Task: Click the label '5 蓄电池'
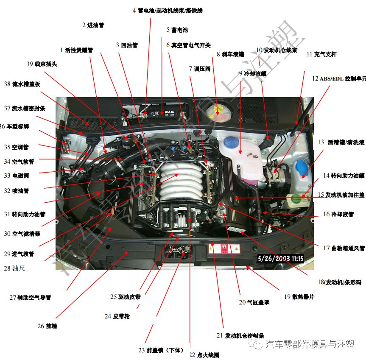pos(177,30)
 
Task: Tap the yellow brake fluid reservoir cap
pos(218,109)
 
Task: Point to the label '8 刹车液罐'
pos(230,54)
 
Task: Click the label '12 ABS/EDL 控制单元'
pos(339,78)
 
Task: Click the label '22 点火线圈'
pos(204,355)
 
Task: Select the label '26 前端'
pos(47,326)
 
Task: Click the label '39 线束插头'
pos(42,64)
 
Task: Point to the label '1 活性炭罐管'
pos(76,50)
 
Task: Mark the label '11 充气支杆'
pos(321,54)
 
